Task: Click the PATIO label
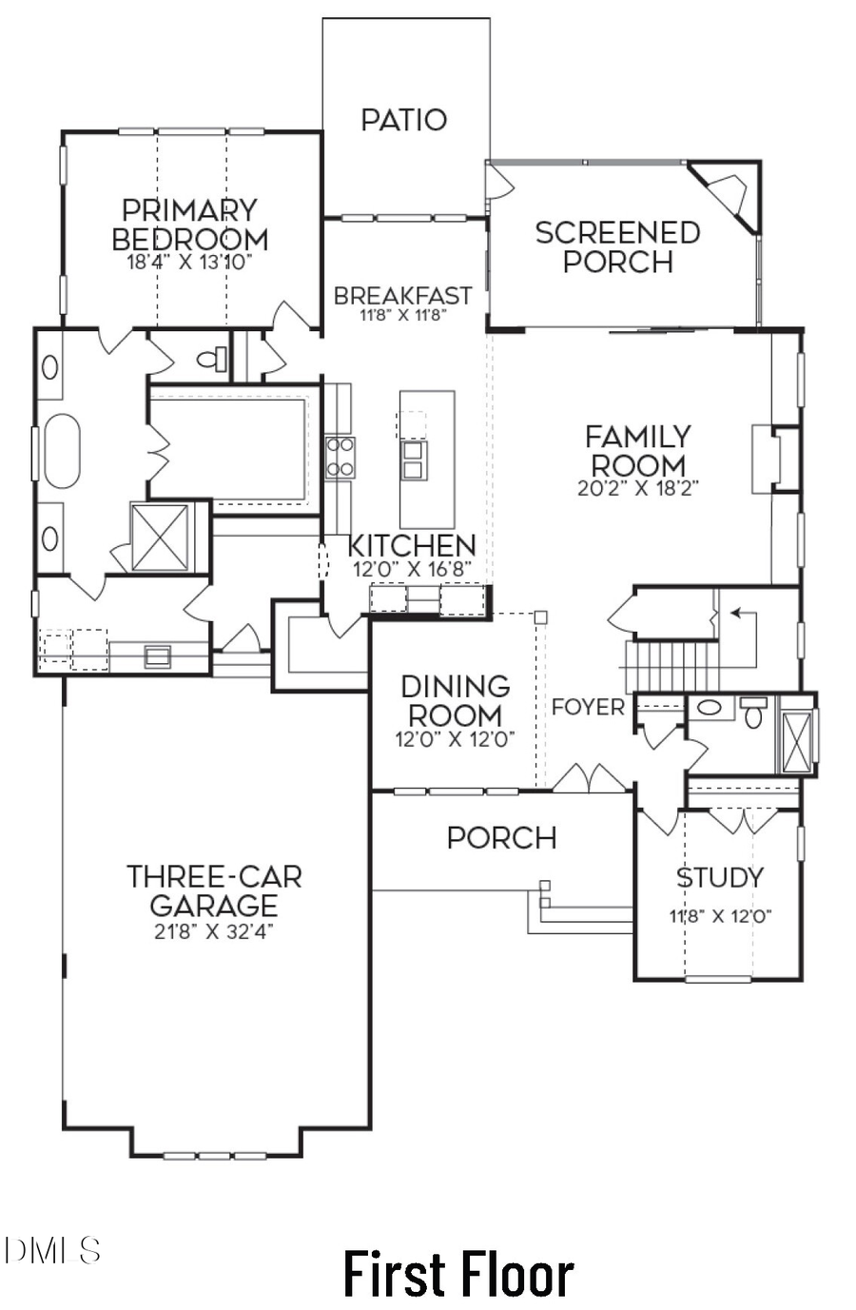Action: [403, 120]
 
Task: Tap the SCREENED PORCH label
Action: [617, 246]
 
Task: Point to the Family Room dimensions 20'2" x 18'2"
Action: [636, 490]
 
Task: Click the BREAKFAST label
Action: [402, 296]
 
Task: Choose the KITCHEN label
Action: [411, 546]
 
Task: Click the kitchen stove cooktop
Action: [340, 457]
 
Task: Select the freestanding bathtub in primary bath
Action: [63, 451]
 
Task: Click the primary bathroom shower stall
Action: [160, 538]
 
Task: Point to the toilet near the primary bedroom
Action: [211, 360]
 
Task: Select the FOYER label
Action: [588, 708]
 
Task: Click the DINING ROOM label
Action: [455, 700]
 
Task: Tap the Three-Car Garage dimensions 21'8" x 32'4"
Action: [214, 932]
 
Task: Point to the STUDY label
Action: [719, 877]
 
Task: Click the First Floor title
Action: [457, 1275]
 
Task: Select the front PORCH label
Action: [501, 838]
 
